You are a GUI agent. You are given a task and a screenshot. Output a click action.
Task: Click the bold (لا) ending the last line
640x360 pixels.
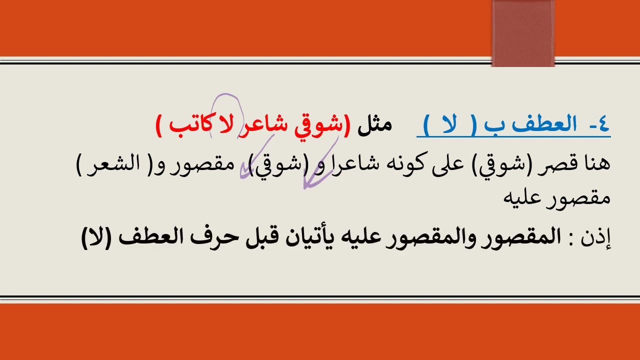click(x=97, y=236)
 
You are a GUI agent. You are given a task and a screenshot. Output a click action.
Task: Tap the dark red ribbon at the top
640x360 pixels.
click(x=523, y=33)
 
